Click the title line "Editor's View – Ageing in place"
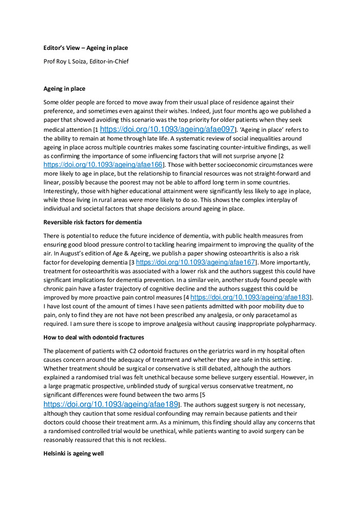click(86, 48)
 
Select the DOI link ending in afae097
click(167, 129)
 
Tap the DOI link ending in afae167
click(196, 262)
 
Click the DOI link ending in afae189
click(111, 405)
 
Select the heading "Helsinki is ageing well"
click(73, 453)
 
